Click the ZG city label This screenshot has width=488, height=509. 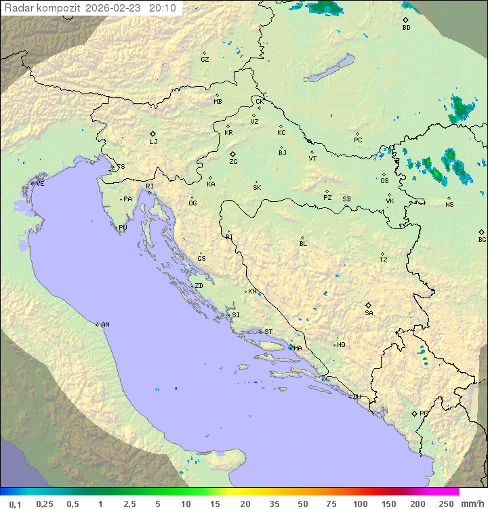233,162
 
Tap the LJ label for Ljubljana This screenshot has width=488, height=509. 153,142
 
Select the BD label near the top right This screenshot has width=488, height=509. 406,28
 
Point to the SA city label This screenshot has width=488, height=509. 369,313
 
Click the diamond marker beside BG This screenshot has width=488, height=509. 481,232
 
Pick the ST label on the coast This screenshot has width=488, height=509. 268,332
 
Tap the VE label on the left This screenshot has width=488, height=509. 40,184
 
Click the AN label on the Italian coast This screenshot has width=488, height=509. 105,325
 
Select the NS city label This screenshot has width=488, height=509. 449,205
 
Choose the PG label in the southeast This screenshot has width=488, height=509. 424,413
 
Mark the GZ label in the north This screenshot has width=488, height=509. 205,60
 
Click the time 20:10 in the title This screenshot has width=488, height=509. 163,8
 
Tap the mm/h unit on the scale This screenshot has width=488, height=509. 472,504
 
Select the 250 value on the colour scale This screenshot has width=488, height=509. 446,504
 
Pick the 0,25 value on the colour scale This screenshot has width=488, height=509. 45,504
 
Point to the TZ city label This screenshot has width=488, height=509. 384,260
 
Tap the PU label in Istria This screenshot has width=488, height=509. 123,228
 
